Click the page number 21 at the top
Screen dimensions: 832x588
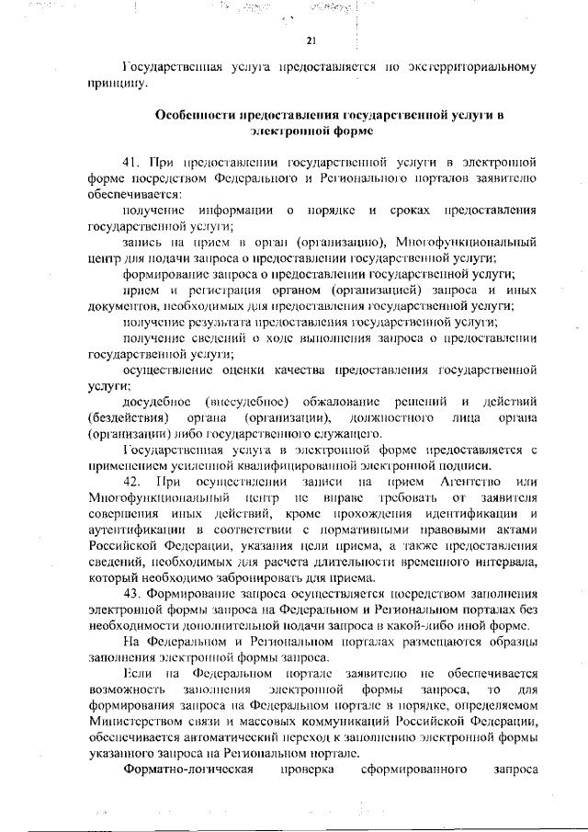tap(311, 40)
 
